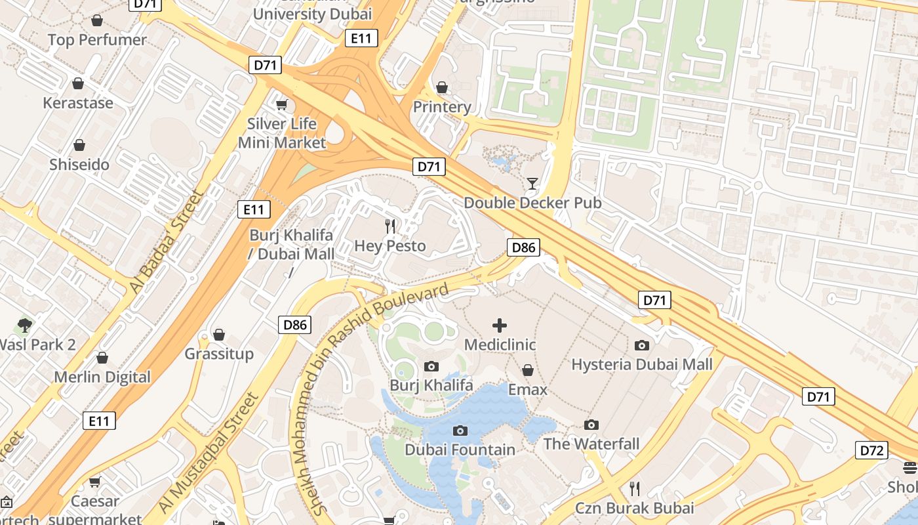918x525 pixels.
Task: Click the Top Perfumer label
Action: pyautogui.click(x=97, y=40)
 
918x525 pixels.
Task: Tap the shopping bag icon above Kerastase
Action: pyautogui.click(x=78, y=83)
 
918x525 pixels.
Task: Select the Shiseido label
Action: pyautogui.click(x=79, y=164)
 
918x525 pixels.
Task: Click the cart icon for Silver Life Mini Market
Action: pyautogui.click(x=282, y=104)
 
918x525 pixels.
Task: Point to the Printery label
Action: pyautogui.click(x=442, y=106)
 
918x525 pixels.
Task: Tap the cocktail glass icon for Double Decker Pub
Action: pyautogui.click(x=532, y=183)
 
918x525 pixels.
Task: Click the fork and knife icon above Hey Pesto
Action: pyautogui.click(x=390, y=226)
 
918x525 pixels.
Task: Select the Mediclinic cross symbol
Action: pyautogui.click(x=500, y=325)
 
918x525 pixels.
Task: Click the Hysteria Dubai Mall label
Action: pyautogui.click(x=642, y=364)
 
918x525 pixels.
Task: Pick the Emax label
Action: pyautogui.click(x=528, y=390)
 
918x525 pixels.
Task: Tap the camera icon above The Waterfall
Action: pyautogui.click(x=591, y=425)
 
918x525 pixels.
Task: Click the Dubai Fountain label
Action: pyautogui.click(x=460, y=450)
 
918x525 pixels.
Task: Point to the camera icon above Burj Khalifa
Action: pyautogui.click(x=431, y=366)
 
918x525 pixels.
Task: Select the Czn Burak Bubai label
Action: pyautogui.click(x=634, y=508)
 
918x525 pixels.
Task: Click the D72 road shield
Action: pyautogui.click(x=871, y=450)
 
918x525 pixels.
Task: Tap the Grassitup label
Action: pyautogui.click(x=219, y=354)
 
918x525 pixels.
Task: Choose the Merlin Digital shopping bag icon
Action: pyautogui.click(x=102, y=358)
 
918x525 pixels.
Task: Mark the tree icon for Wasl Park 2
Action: pyautogui.click(x=25, y=325)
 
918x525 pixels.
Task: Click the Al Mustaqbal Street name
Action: pyautogui.click(x=209, y=453)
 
